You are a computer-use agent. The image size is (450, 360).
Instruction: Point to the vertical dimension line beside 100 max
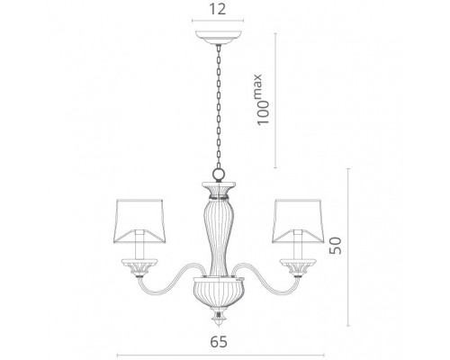click(x=275, y=99)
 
